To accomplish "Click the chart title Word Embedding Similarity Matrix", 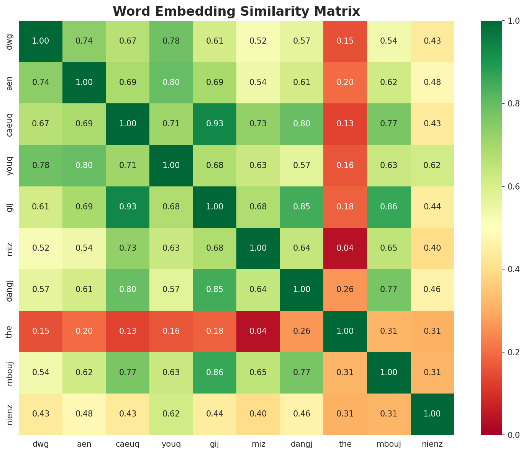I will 236,11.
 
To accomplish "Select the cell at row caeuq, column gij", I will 215,124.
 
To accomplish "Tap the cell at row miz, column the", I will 345,248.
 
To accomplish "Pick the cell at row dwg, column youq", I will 171,41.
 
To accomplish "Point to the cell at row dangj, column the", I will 345,289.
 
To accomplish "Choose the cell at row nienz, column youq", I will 171,414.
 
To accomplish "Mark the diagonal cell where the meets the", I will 345,331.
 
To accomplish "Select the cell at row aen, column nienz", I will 432,82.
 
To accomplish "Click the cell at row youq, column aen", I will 84,165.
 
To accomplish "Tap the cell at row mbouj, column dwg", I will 41,372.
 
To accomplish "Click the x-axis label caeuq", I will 128,444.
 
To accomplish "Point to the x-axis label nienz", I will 432,444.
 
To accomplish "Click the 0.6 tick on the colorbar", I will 513,186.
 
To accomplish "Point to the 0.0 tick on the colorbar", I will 513,435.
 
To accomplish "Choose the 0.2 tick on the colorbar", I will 513,352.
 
